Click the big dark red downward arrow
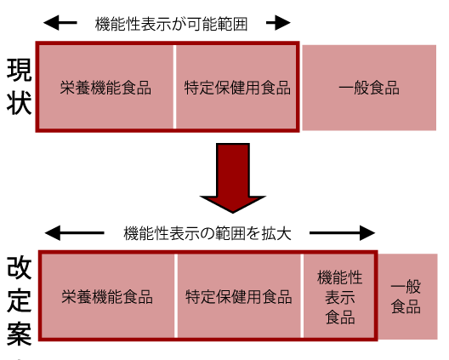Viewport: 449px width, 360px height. (233, 178)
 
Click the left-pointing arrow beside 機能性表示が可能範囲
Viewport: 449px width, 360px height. (60, 23)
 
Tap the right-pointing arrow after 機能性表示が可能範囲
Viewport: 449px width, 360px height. (278, 23)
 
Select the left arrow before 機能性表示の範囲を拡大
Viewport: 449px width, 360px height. (75, 233)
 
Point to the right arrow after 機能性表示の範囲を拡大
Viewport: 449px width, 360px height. (342, 233)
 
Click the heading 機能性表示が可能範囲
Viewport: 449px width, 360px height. (171, 24)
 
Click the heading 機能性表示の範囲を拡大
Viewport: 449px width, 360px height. (207, 233)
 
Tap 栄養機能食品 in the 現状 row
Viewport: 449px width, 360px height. (105, 88)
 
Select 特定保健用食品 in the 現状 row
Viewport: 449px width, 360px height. (237, 88)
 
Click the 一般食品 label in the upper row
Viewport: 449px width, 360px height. (369, 88)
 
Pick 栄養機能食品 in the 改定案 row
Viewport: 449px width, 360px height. (107, 297)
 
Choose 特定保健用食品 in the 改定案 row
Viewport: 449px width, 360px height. (238, 297)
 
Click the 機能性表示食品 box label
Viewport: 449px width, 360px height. (340, 297)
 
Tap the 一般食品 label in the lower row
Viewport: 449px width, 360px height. (406, 297)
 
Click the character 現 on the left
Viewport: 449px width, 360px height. (19, 70)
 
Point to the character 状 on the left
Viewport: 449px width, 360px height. (19, 103)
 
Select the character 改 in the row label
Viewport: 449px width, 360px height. (19, 267)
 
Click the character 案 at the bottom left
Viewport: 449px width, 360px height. (19, 334)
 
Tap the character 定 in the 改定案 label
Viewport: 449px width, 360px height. (19, 300)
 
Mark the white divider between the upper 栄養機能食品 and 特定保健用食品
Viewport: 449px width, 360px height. (174, 87)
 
